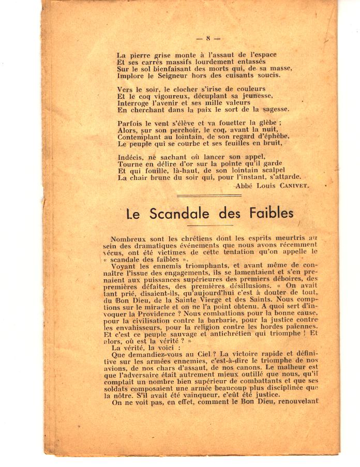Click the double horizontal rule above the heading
coord(208,197)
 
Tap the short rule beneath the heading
coord(209,225)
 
